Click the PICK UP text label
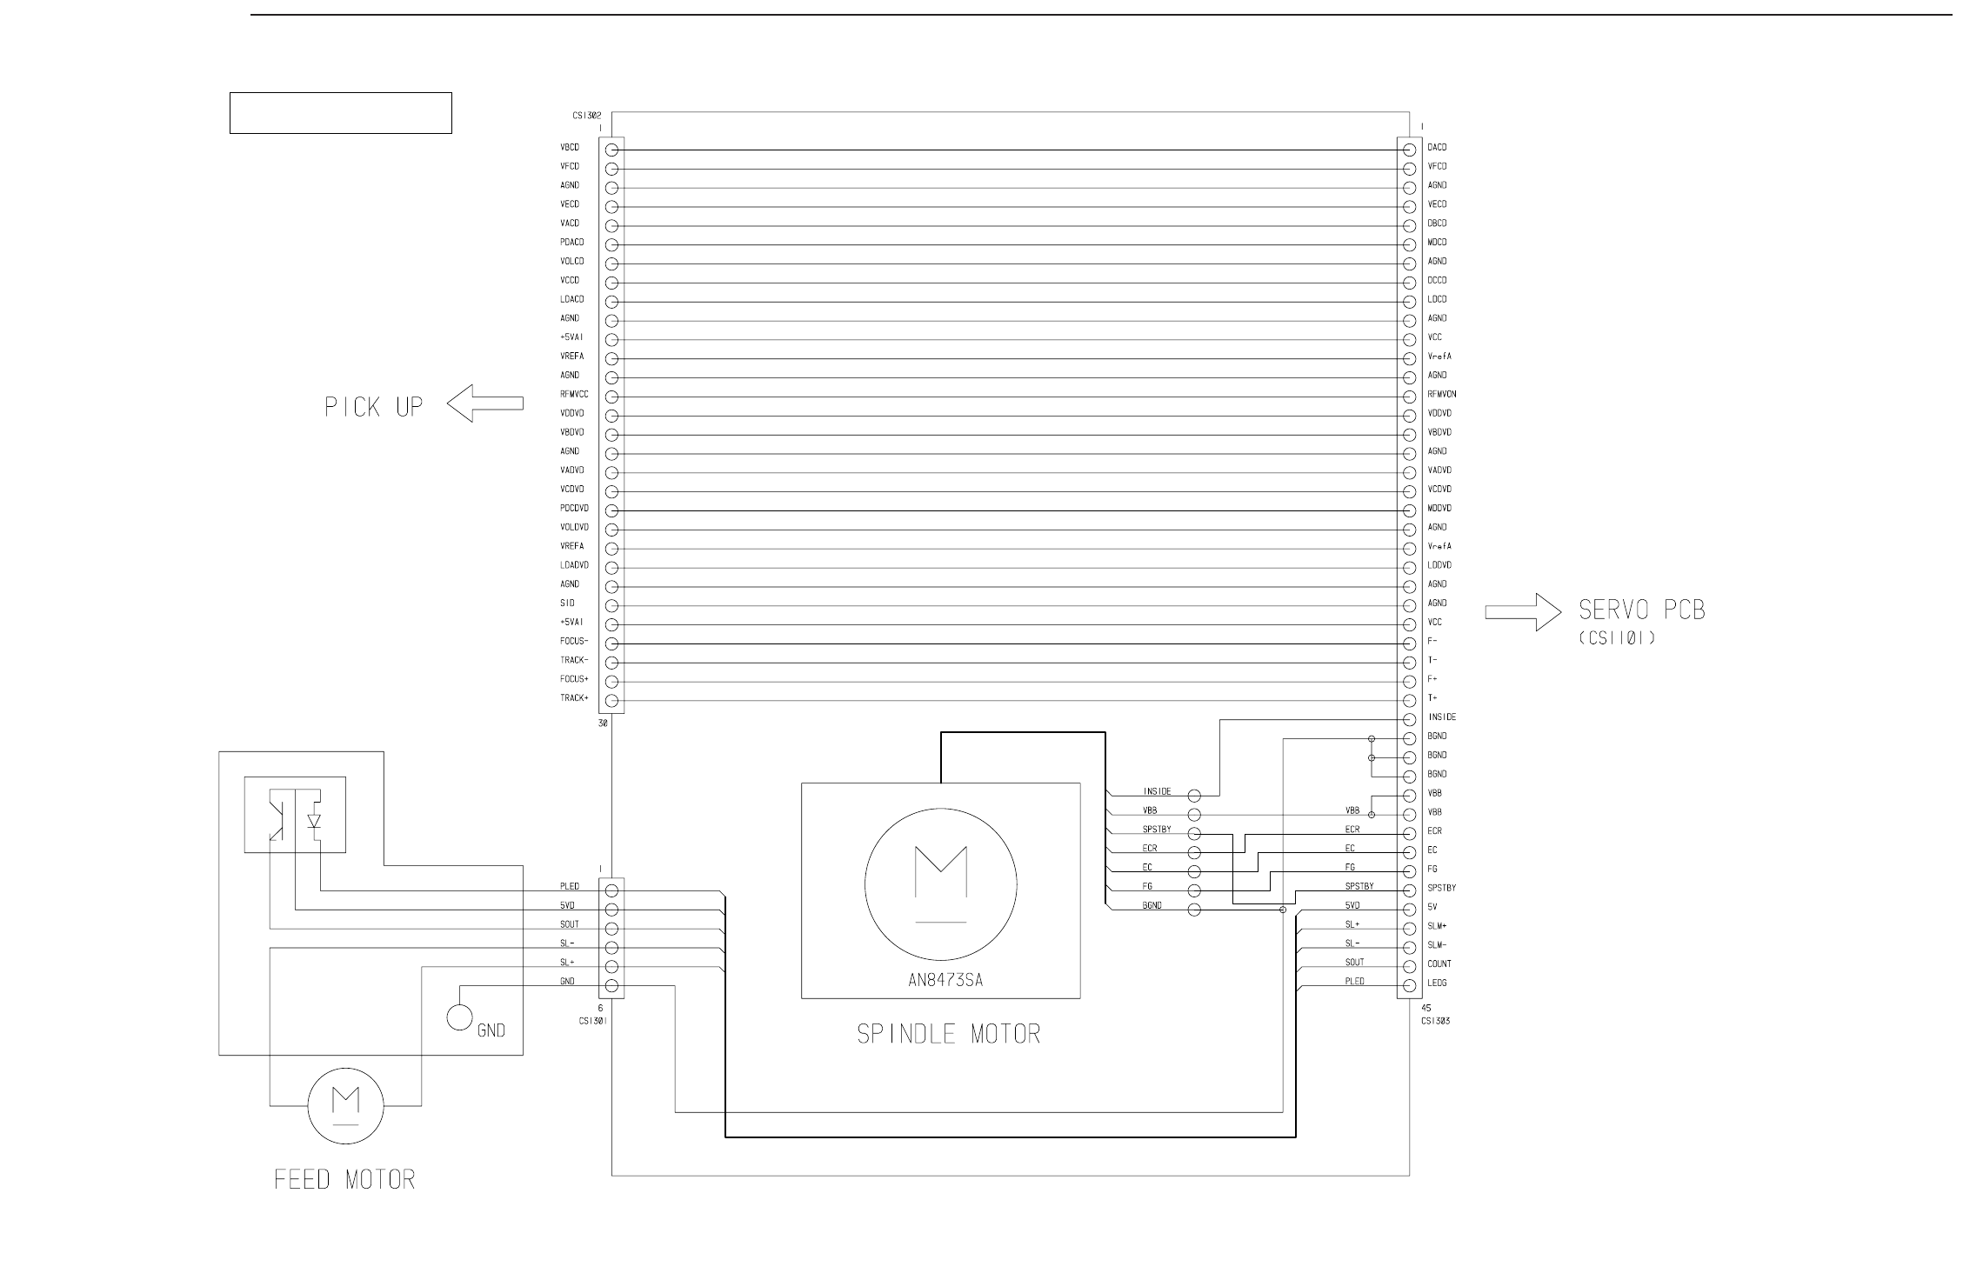tap(374, 407)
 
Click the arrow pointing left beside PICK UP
tap(485, 403)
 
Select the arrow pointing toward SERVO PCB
tap(1523, 612)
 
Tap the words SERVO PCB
tap(1642, 610)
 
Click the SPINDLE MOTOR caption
tap(948, 1034)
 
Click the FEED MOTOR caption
tap(344, 1180)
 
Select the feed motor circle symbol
tap(345, 1106)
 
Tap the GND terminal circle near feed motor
tap(459, 1016)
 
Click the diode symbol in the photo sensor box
tap(314, 820)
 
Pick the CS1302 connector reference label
tap(586, 115)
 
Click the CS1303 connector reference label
tap(1435, 1021)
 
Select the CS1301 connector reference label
tap(593, 1021)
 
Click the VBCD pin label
tap(570, 148)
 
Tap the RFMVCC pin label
tap(574, 395)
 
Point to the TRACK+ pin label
tap(574, 698)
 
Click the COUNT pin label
tap(1439, 964)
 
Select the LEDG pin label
tap(1437, 983)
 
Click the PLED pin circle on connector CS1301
tap(611, 890)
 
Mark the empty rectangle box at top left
tap(340, 113)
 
